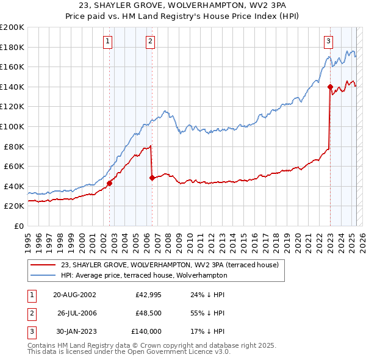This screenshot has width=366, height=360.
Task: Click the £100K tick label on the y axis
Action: pyautogui.click(x=12, y=126)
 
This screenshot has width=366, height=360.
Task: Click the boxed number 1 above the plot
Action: pyautogui.click(x=107, y=41)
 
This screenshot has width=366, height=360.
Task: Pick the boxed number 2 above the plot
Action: pyautogui.click(x=149, y=41)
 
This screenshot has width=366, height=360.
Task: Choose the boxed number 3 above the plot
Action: pyautogui.click(x=328, y=41)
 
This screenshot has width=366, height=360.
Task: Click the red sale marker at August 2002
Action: pyautogui.click(x=110, y=183)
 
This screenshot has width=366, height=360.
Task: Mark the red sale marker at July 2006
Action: pyautogui.click(x=152, y=178)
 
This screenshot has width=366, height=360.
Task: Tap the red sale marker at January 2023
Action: pyautogui.click(x=330, y=87)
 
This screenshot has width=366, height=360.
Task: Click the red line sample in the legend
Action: pyautogui.click(x=43, y=265)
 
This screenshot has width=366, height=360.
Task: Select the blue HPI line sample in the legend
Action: pyautogui.click(x=43, y=275)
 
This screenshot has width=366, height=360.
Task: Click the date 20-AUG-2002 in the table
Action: pyautogui.click(x=74, y=294)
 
